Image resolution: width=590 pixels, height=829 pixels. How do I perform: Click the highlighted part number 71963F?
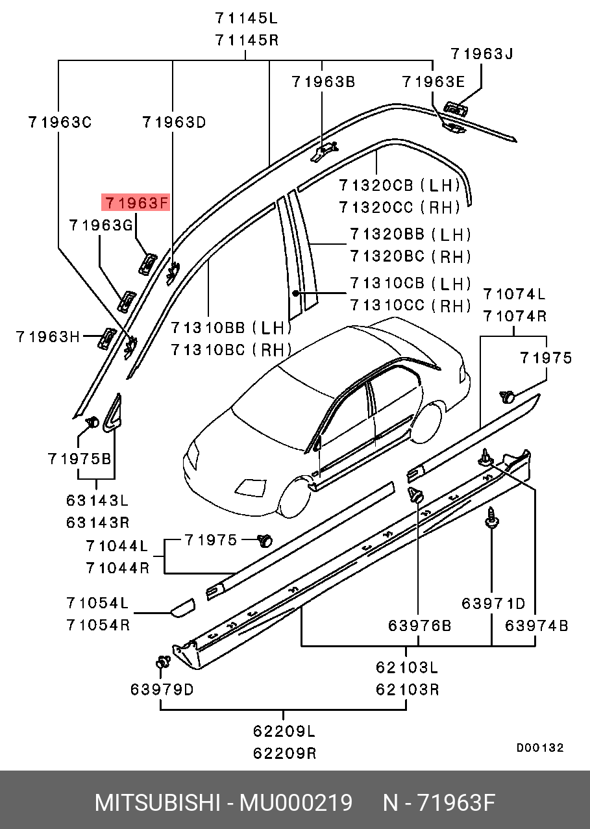pyautogui.click(x=136, y=203)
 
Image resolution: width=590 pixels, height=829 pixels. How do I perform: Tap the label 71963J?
pyautogui.click(x=482, y=54)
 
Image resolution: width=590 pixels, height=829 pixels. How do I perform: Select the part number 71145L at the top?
pyautogui.click(x=247, y=18)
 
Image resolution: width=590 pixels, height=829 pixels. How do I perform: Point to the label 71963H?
pyautogui.click(x=48, y=337)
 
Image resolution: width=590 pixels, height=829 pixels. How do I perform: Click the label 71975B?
pyautogui.click(x=80, y=458)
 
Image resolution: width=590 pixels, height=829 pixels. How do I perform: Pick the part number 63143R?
pyautogui.click(x=97, y=522)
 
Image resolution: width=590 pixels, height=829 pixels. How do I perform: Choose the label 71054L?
pyautogui.click(x=97, y=602)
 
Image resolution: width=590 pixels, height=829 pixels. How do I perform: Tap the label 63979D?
pyautogui.click(x=162, y=689)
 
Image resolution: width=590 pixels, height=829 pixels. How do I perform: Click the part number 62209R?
pyautogui.click(x=284, y=753)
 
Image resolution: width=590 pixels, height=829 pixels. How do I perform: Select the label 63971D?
pyautogui.click(x=493, y=604)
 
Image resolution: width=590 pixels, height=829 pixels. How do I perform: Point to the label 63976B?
pyautogui.click(x=419, y=626)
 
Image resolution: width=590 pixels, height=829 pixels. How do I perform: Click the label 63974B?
pyautogui.click(x=537, y=626)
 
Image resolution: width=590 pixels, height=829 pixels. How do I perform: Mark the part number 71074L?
pyautogui.click(x=514, y=294)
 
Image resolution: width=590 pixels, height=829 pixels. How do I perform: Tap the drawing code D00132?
pyautogui.click(x=540, y=748)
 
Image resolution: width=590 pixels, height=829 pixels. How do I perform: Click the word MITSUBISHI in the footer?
pyautogui.click(x=157, y=803)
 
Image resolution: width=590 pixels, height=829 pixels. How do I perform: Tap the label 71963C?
pyautogui.click(x=60, y=121)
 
